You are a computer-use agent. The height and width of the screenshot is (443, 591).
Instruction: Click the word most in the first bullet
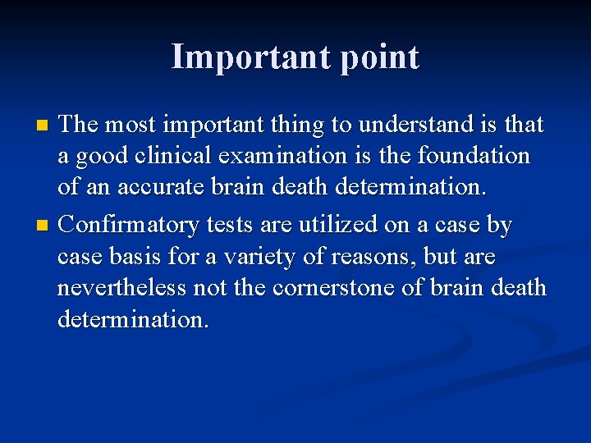(134, 125)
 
